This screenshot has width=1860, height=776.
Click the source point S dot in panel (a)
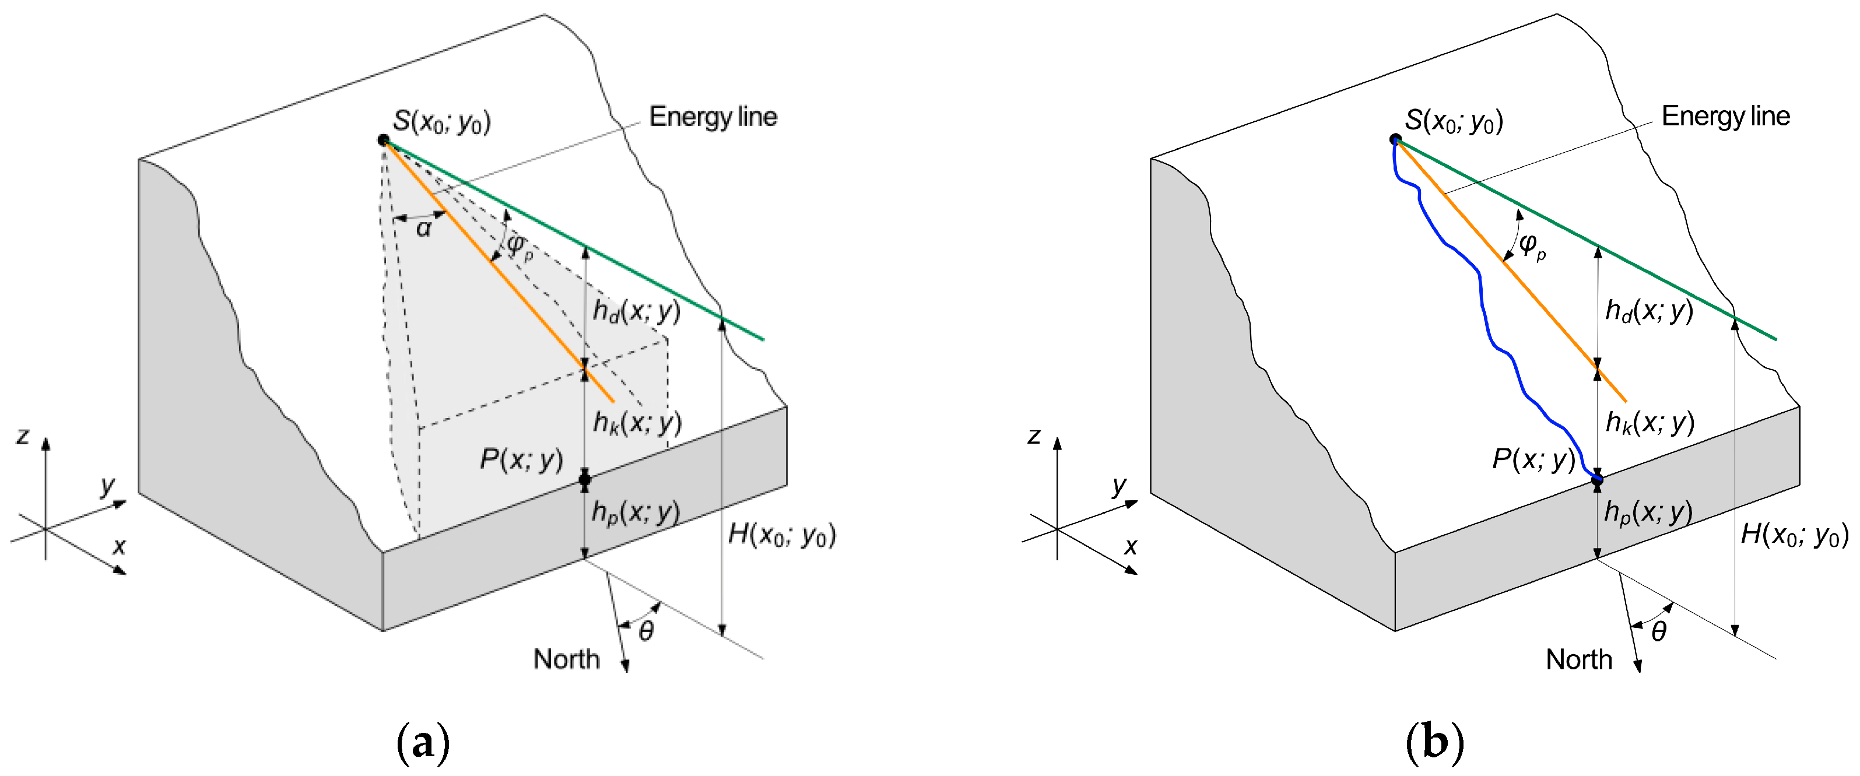384,140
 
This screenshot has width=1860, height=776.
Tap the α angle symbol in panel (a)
424,229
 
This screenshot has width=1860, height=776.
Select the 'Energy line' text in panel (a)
713,117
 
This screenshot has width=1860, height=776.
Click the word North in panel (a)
566,659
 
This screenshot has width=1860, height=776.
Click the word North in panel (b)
1578,659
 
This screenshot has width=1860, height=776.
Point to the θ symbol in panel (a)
646,631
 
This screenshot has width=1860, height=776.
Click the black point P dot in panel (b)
1597,479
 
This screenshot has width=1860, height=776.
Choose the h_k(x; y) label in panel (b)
1649,422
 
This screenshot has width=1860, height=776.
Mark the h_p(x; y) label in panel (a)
636,512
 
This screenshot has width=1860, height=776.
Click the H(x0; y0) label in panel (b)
1794,535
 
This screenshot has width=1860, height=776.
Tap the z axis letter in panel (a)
23,436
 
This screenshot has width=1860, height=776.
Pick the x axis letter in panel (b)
1131,546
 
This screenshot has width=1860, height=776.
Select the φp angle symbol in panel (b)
1531,245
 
